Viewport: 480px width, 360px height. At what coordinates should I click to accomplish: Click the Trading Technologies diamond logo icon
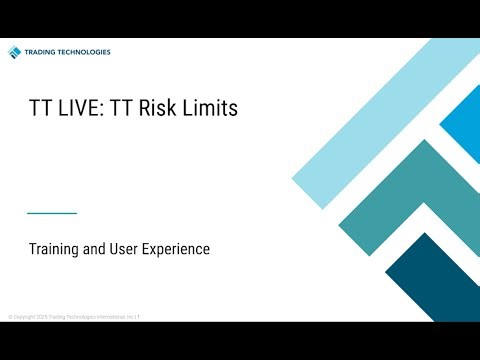[14, 52]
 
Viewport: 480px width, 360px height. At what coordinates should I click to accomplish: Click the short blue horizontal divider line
[52, 213]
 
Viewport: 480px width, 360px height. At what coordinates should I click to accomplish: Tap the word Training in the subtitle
[55, 249]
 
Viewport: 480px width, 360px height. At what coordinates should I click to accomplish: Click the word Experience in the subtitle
[182, 249]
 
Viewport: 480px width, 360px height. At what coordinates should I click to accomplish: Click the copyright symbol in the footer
[10, 316]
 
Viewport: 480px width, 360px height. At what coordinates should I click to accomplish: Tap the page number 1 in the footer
[138, 316]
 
